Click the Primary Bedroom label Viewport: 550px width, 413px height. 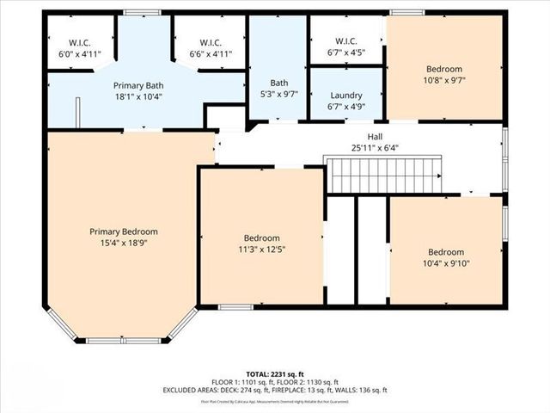coord(125,231)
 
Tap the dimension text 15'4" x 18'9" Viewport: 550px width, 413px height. coord(125,243)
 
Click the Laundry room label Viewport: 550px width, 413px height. coord(346,96)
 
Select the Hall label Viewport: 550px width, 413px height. coord(375,136)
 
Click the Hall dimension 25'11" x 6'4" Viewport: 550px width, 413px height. coord(375,147)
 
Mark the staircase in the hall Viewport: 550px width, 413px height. coord(383,175)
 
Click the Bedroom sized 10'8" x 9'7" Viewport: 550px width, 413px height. coord(444,74)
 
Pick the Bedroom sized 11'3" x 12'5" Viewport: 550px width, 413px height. coord(261,243)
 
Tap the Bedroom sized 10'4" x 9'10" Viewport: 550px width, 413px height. coord(447,257)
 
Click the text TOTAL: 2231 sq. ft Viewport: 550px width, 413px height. coord(275,365)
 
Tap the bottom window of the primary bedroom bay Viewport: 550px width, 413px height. coord(124,341)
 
